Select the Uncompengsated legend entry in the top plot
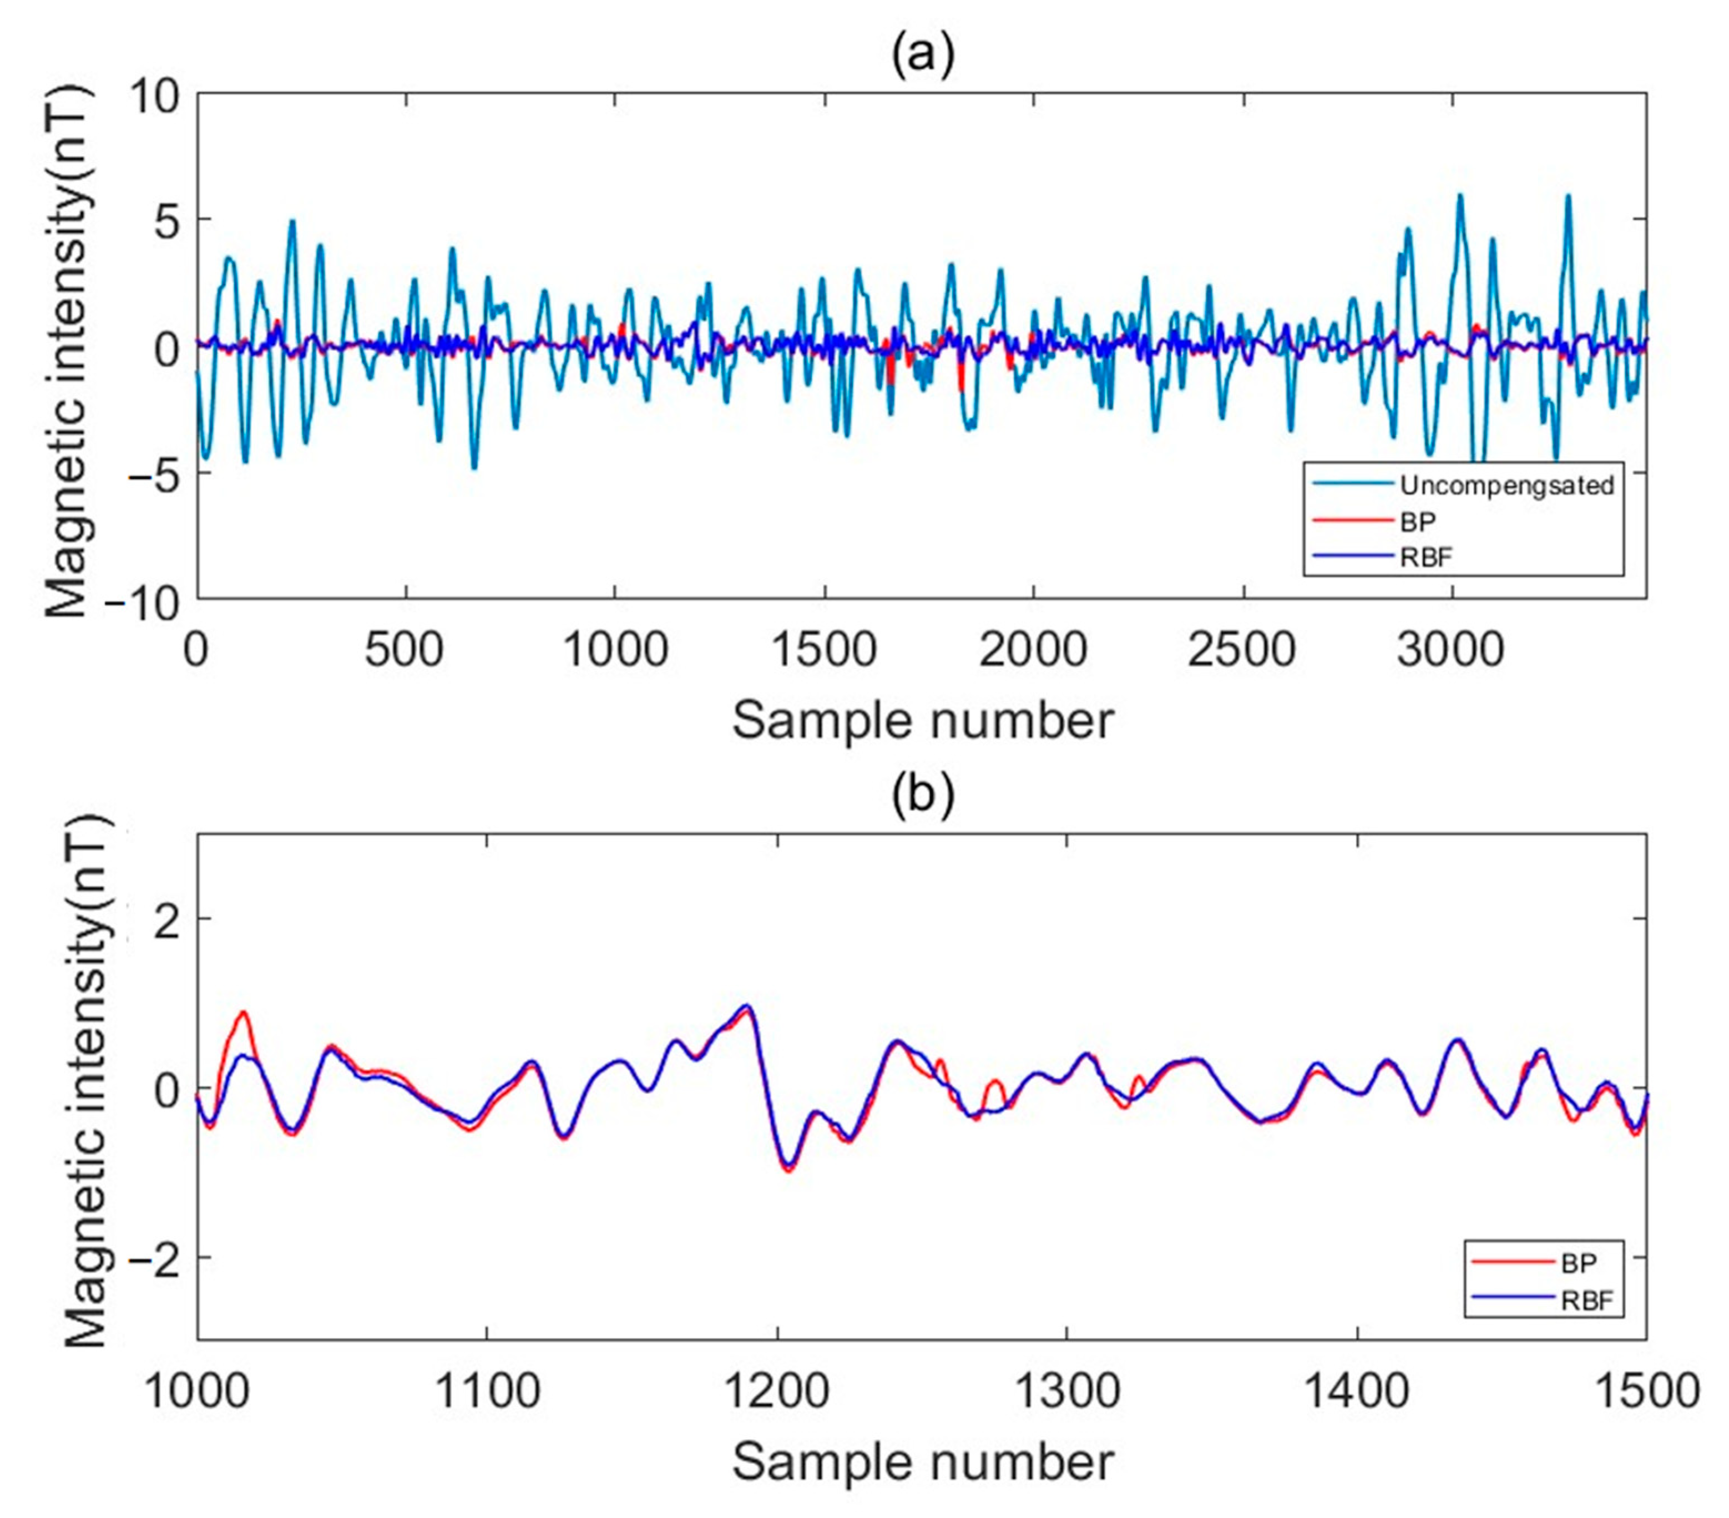point(1506,485)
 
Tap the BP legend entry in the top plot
point(1418,522)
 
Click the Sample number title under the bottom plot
point(922,1462)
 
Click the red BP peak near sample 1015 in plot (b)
point(243,1013)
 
